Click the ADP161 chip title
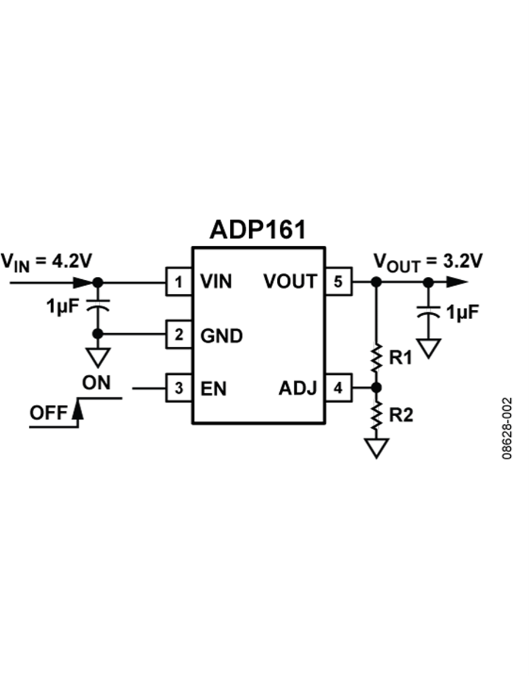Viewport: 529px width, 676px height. click(258, 230)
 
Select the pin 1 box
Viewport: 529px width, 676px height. click(179, 282)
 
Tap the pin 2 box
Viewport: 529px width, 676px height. click(179, 335)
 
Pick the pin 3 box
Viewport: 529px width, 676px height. click(179, 388)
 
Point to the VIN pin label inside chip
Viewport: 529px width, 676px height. click(216, 282)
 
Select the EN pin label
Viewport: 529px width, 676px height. click(213, 389)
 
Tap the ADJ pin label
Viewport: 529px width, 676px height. click(298, 389)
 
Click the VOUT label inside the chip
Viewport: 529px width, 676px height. click(290, 282)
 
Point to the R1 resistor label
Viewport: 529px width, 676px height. click(401, 357)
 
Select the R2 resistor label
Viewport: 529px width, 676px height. click(401, 415)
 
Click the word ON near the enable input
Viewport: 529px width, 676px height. click(96, 383)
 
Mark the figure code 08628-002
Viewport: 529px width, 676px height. click(507, 429)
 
